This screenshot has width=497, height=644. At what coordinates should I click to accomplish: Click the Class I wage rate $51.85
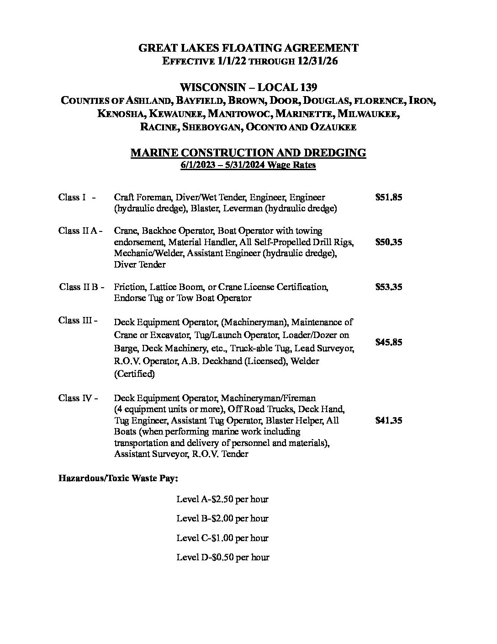(x=388, y=198)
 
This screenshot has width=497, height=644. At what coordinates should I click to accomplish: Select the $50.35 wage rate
(x=388, y=242)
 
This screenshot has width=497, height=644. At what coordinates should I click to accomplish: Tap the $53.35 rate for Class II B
(x=388, y=287)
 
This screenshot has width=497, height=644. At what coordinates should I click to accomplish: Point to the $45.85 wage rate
(x=388, y=342)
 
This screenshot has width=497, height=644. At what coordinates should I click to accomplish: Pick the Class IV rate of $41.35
(x=388, y=421)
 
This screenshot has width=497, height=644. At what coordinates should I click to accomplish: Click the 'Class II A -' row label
(x=80, y=231)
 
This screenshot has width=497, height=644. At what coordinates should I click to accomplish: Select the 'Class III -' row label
(x=78, y=321)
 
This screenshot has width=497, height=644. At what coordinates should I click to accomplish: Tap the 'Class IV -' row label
(x=78, y=398)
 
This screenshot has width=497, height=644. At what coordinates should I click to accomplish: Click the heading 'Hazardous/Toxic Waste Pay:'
(x=118, y=479)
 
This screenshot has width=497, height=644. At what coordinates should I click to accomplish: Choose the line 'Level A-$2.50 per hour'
(x=222, y=499)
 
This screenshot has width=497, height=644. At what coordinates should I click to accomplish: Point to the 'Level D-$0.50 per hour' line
(x=222, y=558)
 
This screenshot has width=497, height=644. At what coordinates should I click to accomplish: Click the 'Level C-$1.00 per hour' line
(x=222, y=538)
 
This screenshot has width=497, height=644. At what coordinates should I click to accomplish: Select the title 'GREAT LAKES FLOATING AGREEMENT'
(x=248, y=48)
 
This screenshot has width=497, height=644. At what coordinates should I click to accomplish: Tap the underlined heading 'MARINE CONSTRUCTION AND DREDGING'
(x=248, y=153)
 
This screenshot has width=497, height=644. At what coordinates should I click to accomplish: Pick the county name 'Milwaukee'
(x=370, y=114)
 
